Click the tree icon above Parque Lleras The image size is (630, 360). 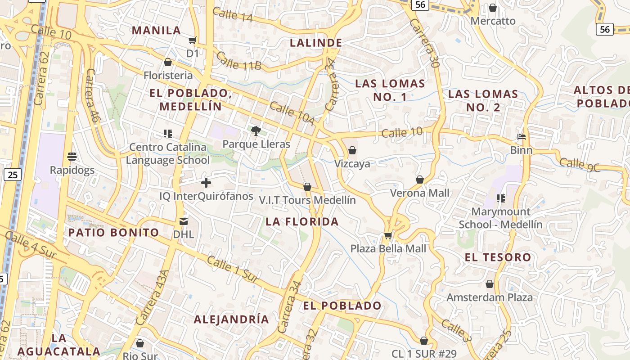256,131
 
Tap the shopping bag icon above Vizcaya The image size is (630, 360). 352,150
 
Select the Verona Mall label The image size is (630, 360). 419,193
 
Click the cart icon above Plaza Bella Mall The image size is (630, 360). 388,235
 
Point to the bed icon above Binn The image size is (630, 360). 522,137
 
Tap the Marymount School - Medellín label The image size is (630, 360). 500,218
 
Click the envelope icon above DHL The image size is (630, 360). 184,221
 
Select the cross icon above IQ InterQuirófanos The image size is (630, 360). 206,183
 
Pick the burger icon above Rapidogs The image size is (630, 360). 72,157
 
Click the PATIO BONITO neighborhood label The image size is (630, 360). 113,233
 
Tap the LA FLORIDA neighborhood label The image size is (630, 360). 302,221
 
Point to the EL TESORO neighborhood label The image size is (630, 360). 498,257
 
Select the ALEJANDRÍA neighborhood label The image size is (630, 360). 231,319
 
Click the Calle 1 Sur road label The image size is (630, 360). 233,270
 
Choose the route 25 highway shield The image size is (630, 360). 13,174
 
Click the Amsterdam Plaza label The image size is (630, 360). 489,297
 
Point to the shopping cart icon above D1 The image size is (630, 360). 192,40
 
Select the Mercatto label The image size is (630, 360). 493,21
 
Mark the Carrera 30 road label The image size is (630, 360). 427,42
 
